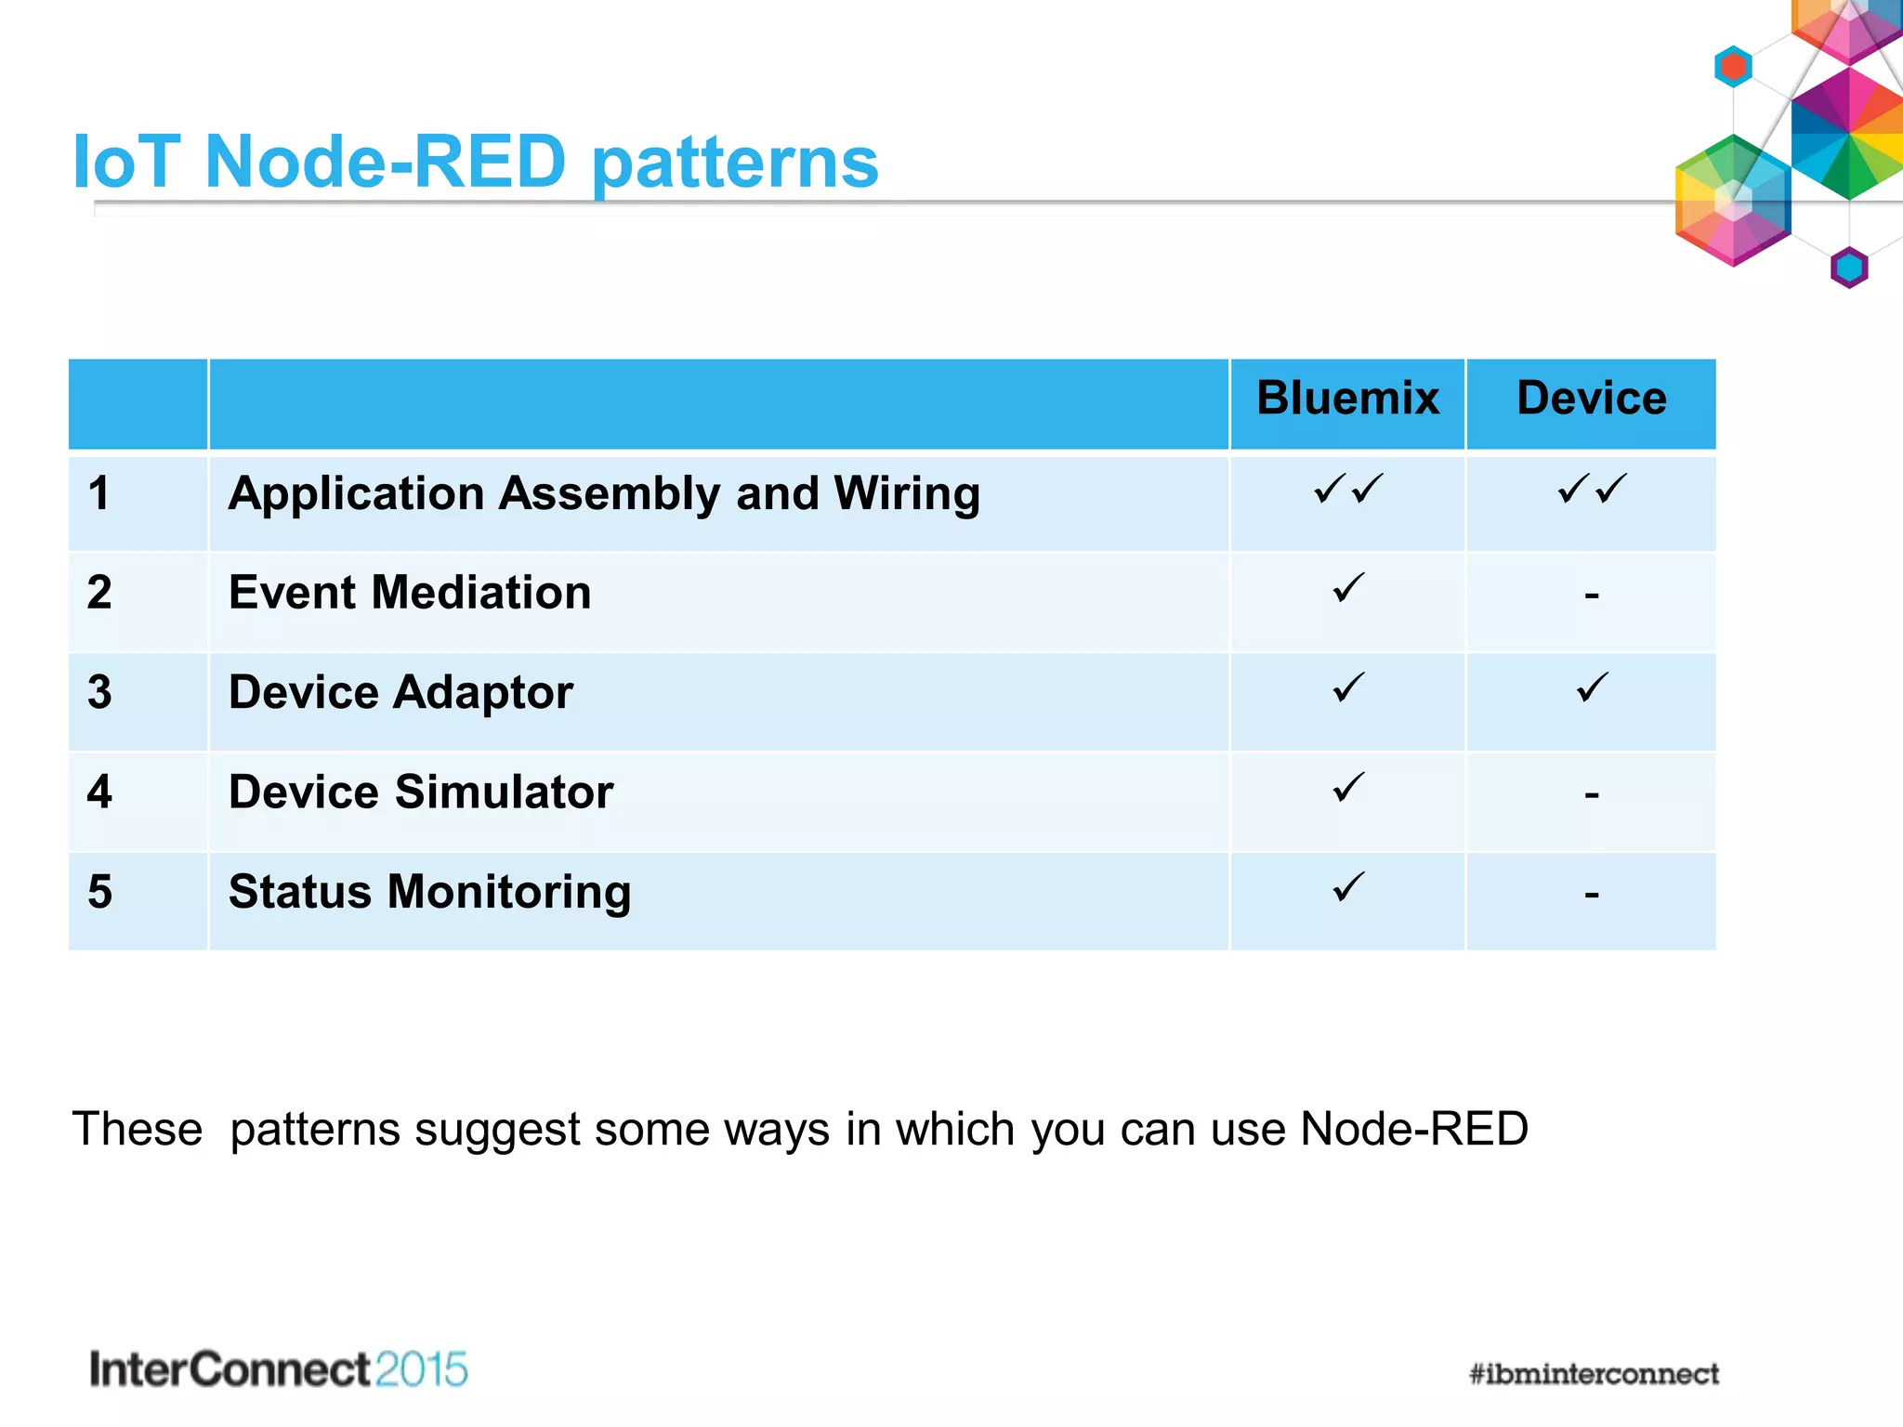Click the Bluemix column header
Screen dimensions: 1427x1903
pos(1347,399)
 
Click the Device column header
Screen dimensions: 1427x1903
pos(1591,399)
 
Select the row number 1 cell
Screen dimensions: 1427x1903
pos(99,493)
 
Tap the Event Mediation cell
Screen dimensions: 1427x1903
pos(410,593)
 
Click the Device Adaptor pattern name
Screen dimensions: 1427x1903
pos(400,693)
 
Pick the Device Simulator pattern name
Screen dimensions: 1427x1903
pos(421,792)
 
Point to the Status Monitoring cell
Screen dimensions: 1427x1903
pos(429,892)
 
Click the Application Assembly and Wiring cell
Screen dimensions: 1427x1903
pos(604,493)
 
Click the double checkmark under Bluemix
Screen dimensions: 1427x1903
pos(1348,489)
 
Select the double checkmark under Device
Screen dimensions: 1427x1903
pos(1592,489)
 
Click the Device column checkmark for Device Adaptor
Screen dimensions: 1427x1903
pos(1592,688)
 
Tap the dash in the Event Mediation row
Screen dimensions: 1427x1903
pos(1592,595)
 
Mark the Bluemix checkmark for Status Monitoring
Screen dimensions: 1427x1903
pos(1348,887)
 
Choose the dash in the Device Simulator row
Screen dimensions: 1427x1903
pos(1592,794)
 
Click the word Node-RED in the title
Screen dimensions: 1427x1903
pos(385,162)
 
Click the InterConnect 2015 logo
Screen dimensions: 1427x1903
pos(278,1369)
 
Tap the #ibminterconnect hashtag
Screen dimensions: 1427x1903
pos(1594,1374)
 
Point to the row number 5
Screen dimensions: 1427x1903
pos(99,892)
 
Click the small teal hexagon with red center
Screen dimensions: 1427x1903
pos(1733,67)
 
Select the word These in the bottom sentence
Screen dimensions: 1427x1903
pos(138,1130)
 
